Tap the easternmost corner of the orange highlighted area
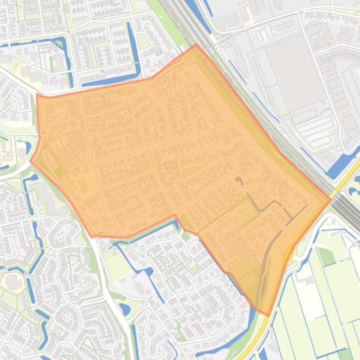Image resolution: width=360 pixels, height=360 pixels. click(x=331, y=199)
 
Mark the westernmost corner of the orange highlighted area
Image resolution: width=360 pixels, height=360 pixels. click(x=30, y=160)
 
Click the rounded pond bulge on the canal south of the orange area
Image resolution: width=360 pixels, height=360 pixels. click(x=149, y=272)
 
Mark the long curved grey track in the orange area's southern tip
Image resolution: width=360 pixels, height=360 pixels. click(x=265, y=271)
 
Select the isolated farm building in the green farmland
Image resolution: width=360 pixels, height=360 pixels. click(x=309, y=281)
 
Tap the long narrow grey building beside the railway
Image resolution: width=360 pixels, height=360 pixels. click(x=241, y=61)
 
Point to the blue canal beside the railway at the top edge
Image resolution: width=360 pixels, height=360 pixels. click(x=191, y=9)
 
